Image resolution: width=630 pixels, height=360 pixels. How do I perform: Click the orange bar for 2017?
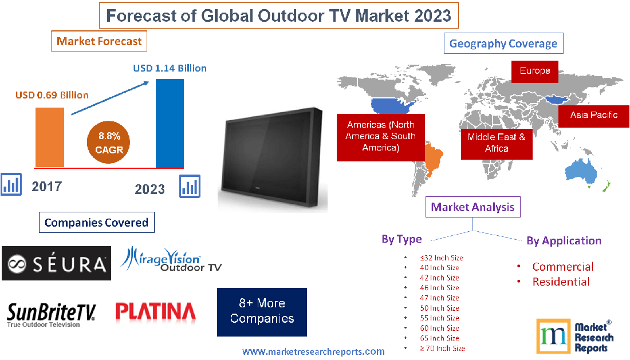click(x=50, y=136)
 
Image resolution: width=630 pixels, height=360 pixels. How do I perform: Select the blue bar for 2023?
click(x=170, y=122)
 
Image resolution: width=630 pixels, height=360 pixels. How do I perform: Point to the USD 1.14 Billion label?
click(x=170, y=68)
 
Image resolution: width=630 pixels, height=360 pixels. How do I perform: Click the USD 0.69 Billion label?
click(x=52, y=94)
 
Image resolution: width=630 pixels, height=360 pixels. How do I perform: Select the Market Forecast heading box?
click(x=99, y=41)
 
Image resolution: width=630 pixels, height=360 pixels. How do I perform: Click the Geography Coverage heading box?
click(x=503, y=43)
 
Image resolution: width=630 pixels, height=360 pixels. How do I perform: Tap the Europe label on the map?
click(x=535, y=71)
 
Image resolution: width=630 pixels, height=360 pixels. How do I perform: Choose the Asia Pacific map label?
click(x=594, y=115)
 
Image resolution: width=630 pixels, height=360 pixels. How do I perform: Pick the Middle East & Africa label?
click(x=497, y=143)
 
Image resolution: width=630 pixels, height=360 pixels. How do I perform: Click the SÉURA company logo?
click(x=56, y=264)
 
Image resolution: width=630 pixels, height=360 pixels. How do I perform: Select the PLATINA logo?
click(x=156, y=311)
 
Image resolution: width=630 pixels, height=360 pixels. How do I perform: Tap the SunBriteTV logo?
click(x=52, y=314)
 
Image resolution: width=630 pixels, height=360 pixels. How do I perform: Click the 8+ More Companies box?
click(x=262, y=311)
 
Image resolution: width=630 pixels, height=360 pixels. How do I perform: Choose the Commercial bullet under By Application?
click(x=562, y=267)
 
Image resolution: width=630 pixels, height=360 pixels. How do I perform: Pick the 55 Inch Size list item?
click(x=439, y=318)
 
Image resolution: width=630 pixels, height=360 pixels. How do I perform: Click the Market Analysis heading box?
click(x=472, y=207)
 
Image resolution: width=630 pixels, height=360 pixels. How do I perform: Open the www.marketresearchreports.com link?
click(x=313, y=351)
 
